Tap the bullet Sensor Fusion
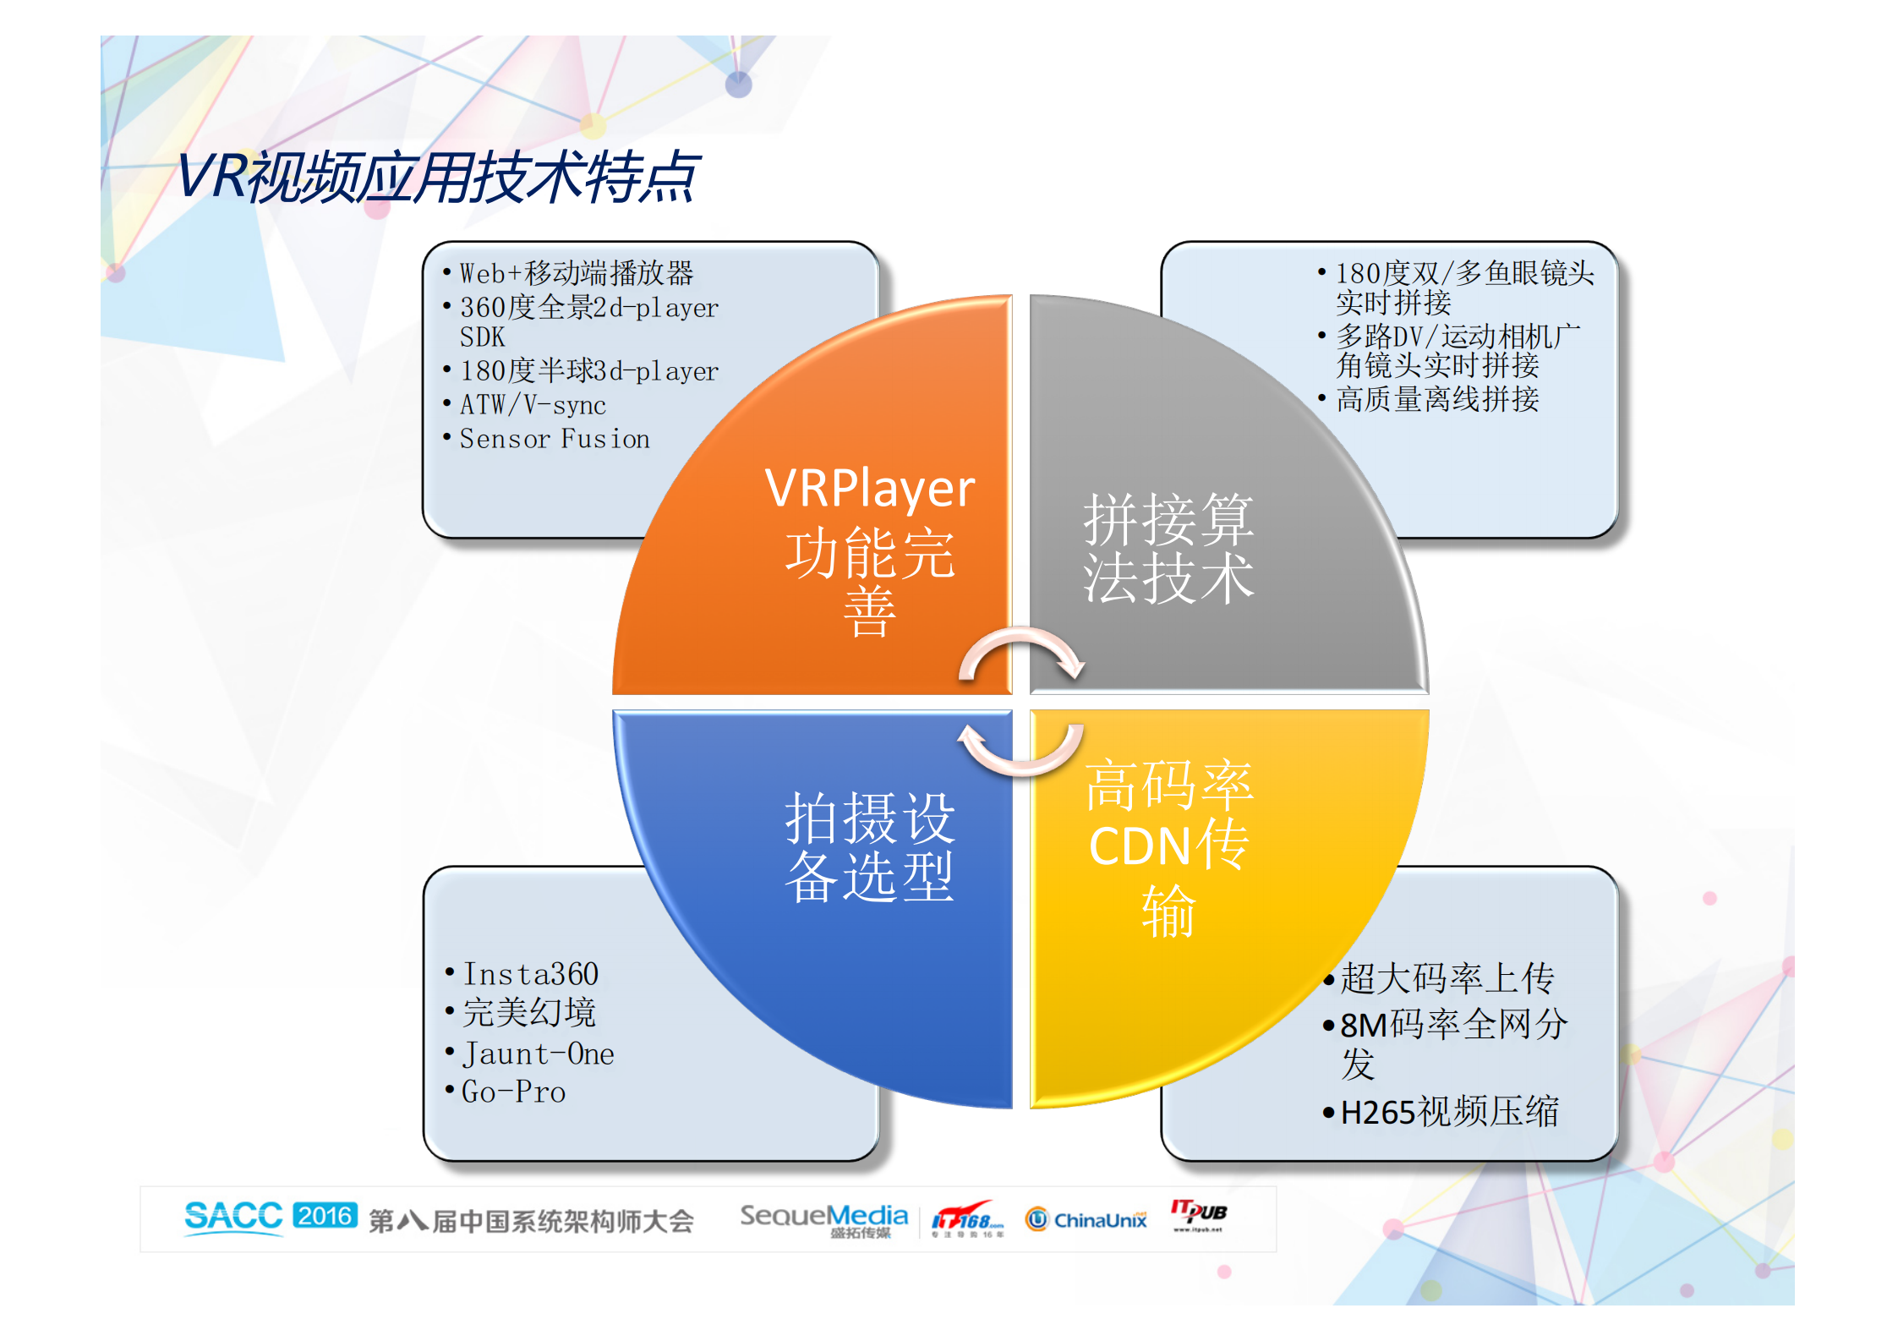pyautogui.click(x=555, y=439)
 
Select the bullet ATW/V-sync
pyautogui.click(x=533, y=405)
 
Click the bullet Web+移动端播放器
pyautogui.click(x=576, y=273)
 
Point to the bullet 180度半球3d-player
pyautogui.click(x=588, y=371)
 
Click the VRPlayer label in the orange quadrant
pyautogui.click(x=869, y=488)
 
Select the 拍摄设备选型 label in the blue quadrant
pyautogui.click(x=869, y=847)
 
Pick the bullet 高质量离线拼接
pyautogui.click(x=1437, y=399)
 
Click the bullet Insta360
pyautogui.click(x=531, y=974)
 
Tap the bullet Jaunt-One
pyautogui.click(x=538, y=1054)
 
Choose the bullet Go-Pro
pyautogui.click(x=513, y=1092)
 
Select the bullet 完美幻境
pyautogui.click(x=529, y=1013)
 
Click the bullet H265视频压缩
pyautogui.click(x=1449, y=1112)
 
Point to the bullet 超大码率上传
pyautogui.click(x=1447, y=979)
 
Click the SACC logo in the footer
pyautogui.click(x=233, y=1218)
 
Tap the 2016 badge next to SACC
pyautogui.click(x=325, y=1216)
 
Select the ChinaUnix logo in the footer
pyautogui.click(x=1087, y=1219)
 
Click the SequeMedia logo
pyautogui.click(x=823, y=1218)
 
